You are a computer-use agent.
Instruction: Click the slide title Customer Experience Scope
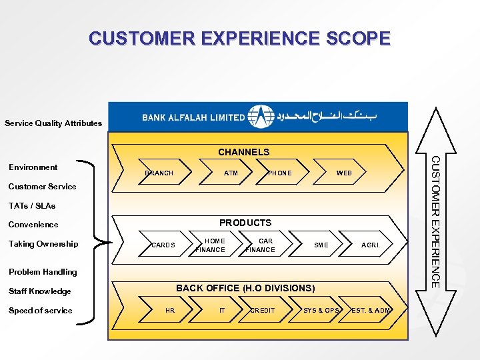(239, 38)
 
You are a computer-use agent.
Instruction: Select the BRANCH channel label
(159, 173)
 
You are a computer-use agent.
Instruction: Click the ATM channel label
(231, 173)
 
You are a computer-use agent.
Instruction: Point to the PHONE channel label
(279, 173)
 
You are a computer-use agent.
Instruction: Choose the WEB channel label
(344, 173)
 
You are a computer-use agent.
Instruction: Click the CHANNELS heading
(243, 152)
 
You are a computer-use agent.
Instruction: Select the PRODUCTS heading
(245, 223)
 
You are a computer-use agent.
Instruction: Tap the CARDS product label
(163, 245)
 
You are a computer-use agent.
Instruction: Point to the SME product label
(321, 245)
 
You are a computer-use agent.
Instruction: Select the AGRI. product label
(371, 245)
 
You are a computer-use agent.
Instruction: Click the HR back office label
(170, 311)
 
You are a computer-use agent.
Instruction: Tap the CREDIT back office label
(262, 311)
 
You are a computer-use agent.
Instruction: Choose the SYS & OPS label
(321, 311)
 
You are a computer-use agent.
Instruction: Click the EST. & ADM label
(371, 311)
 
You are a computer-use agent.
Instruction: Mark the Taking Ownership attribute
(43, 244)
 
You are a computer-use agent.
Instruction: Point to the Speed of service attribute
(40, 311)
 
